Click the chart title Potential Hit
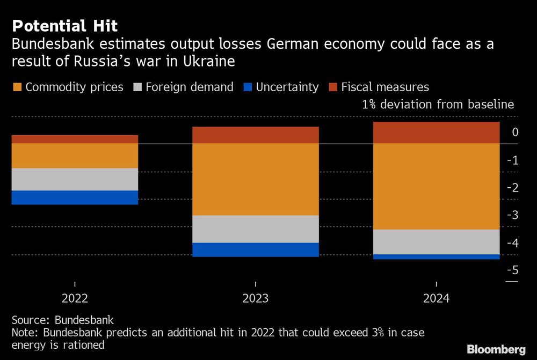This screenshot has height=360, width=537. (64, 26)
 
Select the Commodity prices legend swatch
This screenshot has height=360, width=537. (17, 87)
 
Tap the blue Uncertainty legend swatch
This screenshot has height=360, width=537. (247, 87)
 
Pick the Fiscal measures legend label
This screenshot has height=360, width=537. (385, 87)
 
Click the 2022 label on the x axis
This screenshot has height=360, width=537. (75, 299)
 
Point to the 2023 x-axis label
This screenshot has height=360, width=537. (256, 299)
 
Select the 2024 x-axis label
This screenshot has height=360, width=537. (436, 299)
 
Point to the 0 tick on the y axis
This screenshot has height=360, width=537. (515, 133)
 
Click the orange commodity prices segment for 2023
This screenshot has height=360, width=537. (256, 179)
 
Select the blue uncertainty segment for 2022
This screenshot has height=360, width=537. (75, 197)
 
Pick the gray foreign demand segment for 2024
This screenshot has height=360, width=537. (436, 242)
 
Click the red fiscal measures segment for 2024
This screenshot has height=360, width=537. (436, 133)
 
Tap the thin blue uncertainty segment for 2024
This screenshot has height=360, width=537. (436, 257)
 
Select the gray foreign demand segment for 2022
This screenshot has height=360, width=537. (75, 179)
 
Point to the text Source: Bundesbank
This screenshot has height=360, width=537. (62, 320)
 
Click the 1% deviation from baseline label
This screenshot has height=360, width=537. (438, 104)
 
